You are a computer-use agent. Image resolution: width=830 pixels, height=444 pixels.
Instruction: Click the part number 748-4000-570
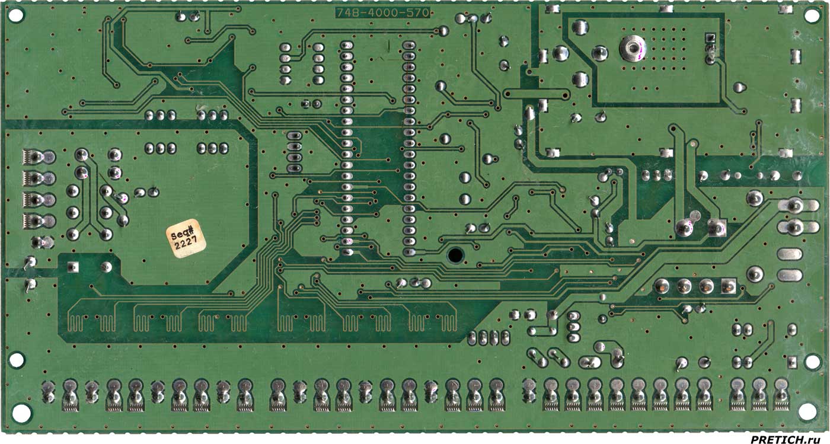click(x=383, y=13)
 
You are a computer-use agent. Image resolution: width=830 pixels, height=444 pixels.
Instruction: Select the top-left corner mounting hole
click(x=15, y=15)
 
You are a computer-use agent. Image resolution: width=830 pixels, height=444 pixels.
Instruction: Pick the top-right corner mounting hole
click(x=812, y=15)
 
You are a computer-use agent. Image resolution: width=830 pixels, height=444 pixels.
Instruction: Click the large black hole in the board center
click(x=455, y=255)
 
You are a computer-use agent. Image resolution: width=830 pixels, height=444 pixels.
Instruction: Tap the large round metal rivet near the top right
click(x=633, y=47)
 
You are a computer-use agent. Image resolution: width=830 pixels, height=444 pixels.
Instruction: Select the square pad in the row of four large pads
click(x=729, y=286)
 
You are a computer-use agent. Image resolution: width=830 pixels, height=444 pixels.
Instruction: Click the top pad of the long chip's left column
click(x=347, y=46)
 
